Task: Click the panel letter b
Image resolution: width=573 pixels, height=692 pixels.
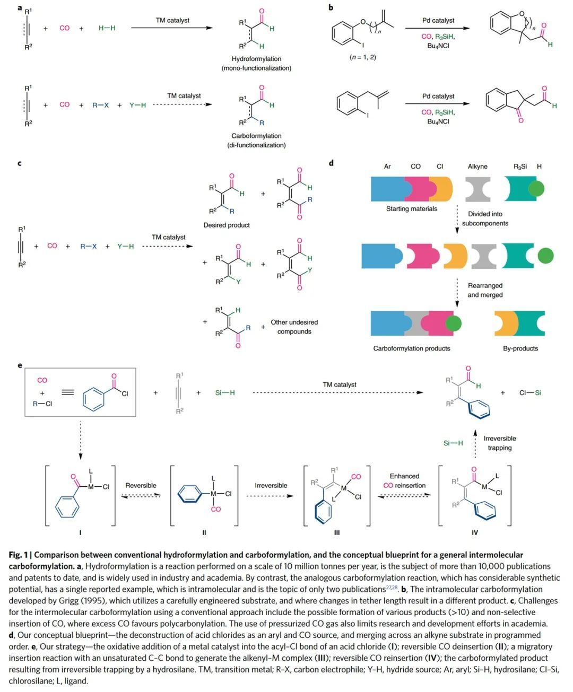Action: point(331,7)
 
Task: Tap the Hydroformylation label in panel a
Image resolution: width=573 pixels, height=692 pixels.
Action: point(256,59)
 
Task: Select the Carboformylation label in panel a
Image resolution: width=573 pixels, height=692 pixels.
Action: point(256,136)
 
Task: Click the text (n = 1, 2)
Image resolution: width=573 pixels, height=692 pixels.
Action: point(363,57)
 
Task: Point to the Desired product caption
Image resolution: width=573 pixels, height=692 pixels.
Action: point(227,225)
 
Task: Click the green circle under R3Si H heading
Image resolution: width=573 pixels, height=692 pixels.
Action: point(536,189)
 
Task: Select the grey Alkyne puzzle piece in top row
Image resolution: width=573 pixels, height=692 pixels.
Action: point(477,189)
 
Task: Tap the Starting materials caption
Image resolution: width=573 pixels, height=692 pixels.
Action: point(412,208)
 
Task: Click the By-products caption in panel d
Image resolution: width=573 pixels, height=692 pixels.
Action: point(520,348)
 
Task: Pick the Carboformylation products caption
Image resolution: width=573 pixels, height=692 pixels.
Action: point(412,348)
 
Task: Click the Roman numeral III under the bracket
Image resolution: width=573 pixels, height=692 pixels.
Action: point(337,532)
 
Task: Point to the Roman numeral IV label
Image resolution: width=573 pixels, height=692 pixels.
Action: point(475,532)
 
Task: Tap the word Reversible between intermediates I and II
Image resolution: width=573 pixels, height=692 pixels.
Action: point(141,485)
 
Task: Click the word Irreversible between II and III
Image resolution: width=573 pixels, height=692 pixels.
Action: point(271,485)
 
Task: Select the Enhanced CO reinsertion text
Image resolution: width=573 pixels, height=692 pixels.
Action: point(404,480)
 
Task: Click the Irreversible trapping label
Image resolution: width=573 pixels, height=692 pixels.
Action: point(499,443)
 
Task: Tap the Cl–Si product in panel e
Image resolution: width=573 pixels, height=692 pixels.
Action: point(530,393)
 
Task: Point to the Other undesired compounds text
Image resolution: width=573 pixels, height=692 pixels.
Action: point(294,327)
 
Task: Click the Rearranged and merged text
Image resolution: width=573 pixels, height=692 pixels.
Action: point(485,290)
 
